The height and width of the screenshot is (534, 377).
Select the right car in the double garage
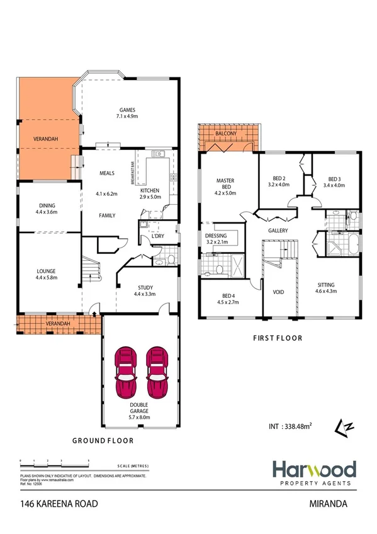click(x=158, y=372)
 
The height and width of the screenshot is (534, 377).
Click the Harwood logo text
click(x=314, y=469)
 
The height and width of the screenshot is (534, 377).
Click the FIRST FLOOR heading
click(x=278, y=338)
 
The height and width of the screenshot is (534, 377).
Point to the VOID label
click(x=278, y=292)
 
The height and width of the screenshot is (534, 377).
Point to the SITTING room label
click(x=325, y=284)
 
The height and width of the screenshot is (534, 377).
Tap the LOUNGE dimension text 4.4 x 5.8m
click(x=48, y=277)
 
